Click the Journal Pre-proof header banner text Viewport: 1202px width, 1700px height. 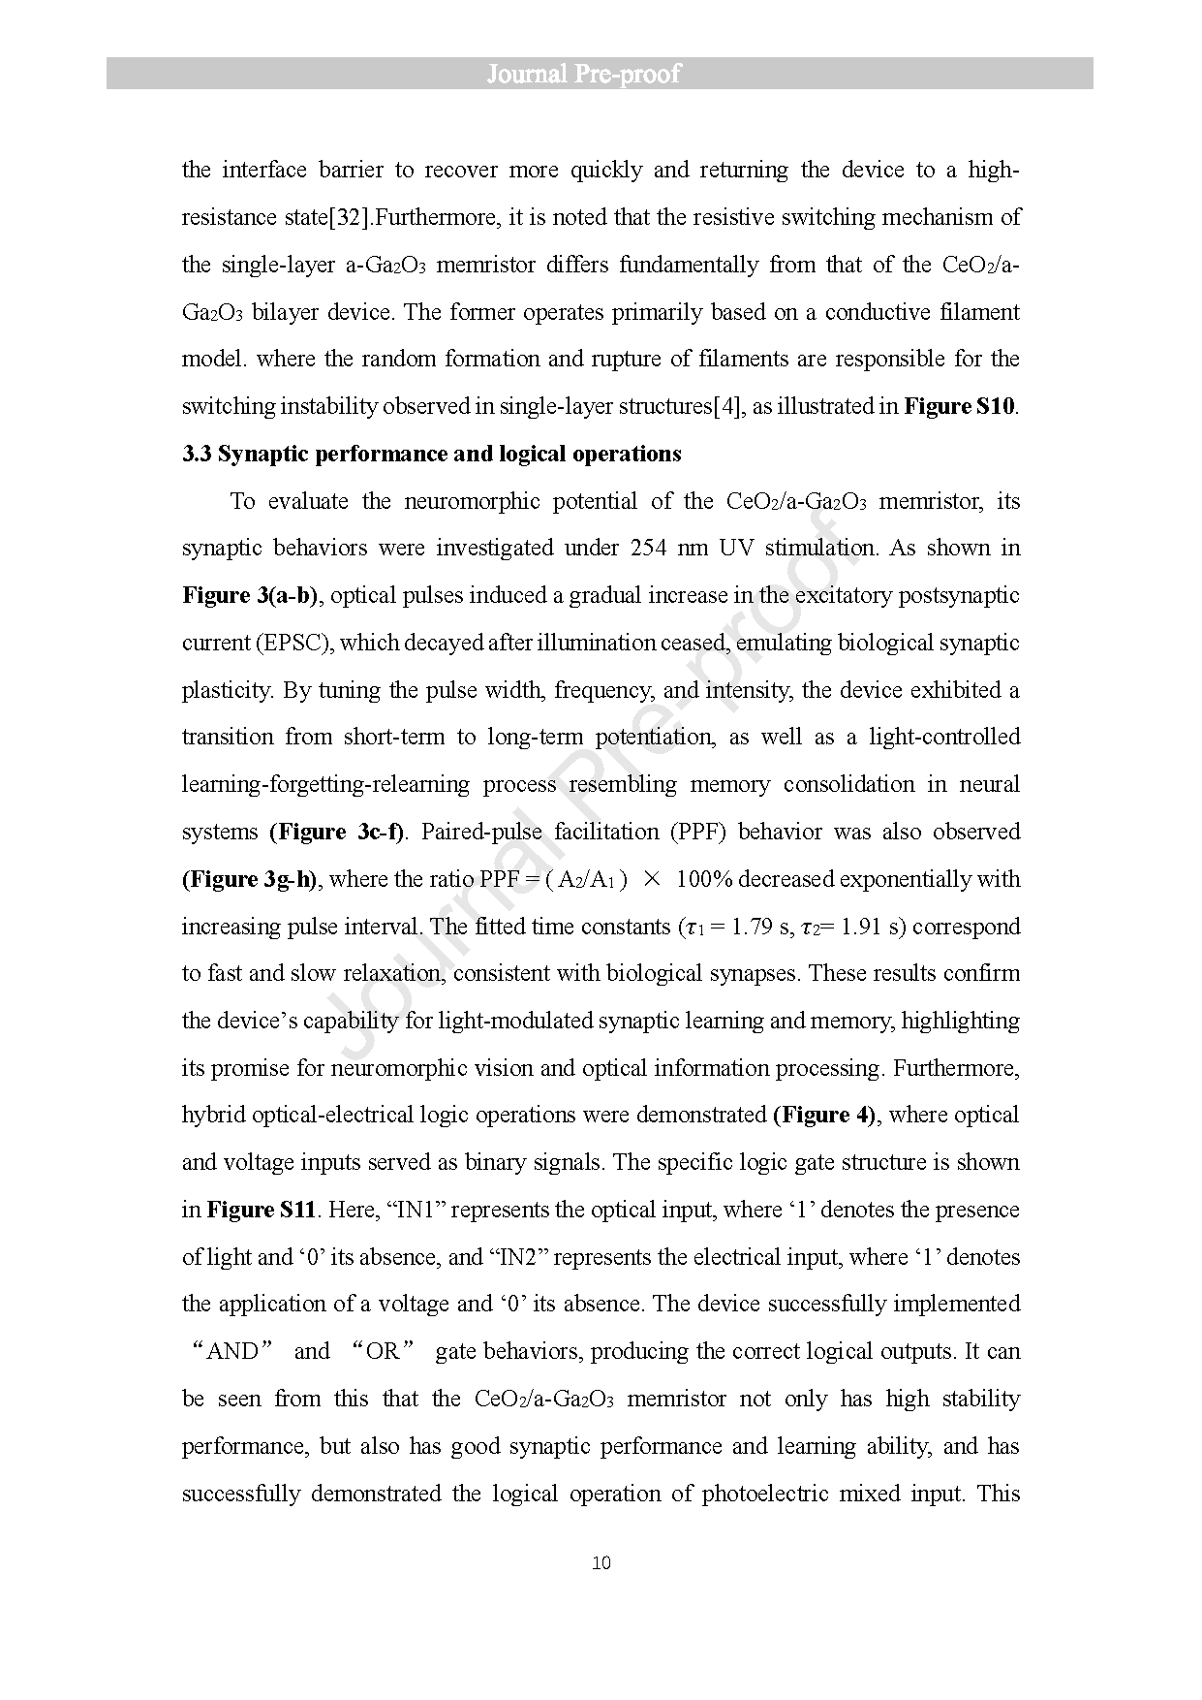coord(583,74)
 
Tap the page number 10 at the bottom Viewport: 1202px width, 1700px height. coord(601,1563)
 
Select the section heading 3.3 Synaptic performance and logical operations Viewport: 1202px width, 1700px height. coord(432,454)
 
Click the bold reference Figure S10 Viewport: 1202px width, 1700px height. coord(959,406)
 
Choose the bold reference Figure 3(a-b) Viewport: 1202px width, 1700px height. coord(250,595)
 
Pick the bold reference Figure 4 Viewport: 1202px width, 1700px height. coord(825,1115)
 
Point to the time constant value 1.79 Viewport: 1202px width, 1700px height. coord(751,927)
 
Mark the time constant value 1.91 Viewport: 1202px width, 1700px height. coord(860,927)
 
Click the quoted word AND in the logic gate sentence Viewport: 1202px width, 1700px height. coord(232,1351)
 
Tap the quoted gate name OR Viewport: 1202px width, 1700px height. coord(383,1351)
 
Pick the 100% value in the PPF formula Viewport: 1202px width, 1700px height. coord(706,879)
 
